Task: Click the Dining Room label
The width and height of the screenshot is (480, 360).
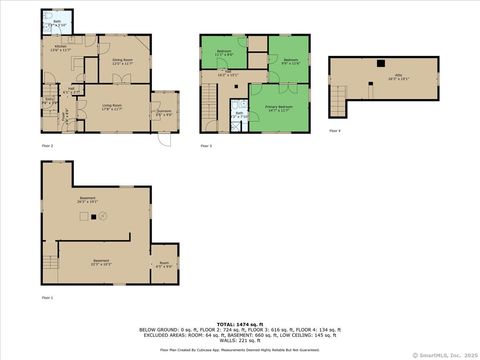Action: click(x=123, y=63)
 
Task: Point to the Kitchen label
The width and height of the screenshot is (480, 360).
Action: click(x=61, y=48)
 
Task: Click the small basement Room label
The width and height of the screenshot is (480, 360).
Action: click(x=164, y=265)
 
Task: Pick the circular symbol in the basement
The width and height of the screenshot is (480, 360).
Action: click(x=107, y=216)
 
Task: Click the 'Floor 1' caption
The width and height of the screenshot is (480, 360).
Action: click(x=47, y=298)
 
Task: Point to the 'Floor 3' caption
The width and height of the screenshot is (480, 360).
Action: click(x=205, y=146)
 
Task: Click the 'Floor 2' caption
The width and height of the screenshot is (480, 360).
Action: click(x=47, y=146)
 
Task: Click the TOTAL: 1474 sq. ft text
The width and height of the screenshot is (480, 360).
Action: click(x=239, y=323)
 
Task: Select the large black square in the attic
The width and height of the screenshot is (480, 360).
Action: click(x=380, y=64)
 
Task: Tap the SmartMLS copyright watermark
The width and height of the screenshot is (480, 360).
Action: click(x=447, y=354)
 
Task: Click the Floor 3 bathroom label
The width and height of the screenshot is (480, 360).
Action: click(x=241, y=114)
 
